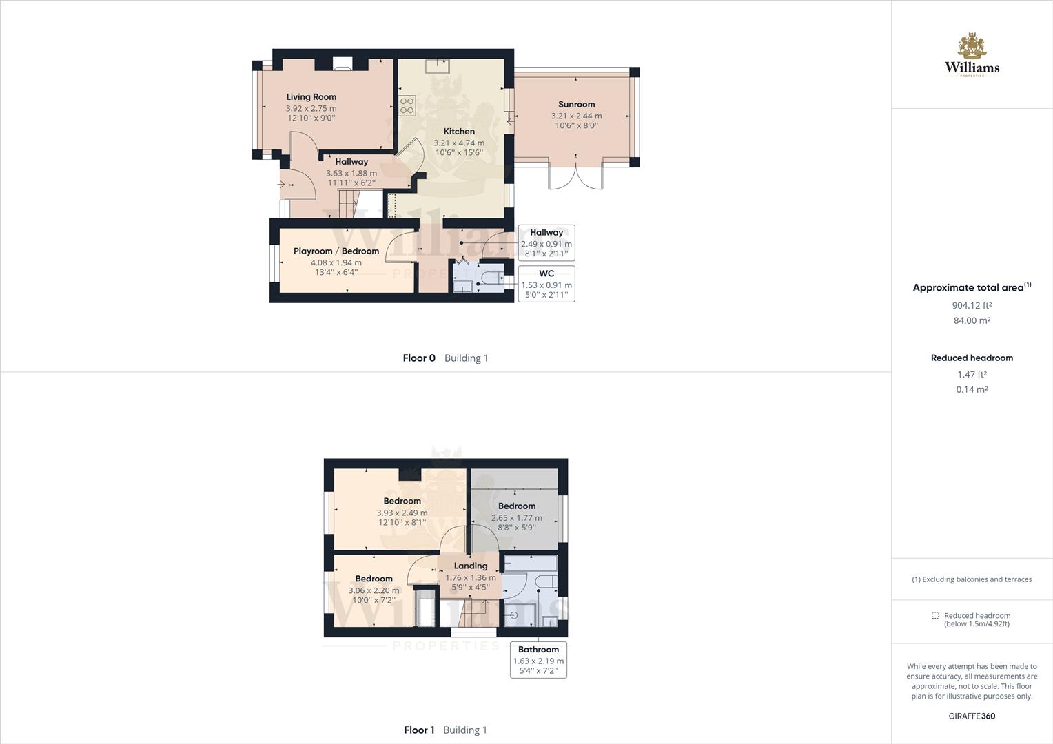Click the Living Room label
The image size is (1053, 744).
tap(311, 97)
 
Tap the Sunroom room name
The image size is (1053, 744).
tap(576, 105)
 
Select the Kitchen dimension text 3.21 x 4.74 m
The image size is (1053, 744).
tap(459, 143)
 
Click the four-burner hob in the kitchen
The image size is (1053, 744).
tap(407, 106)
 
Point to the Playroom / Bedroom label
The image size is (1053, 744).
tap(336, 251)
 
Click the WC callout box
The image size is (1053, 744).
tap(546, 284)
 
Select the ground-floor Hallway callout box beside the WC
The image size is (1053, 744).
tap(546, 243)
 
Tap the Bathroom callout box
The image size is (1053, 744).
tap(538, 660)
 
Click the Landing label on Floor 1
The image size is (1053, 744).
tap(471, 566)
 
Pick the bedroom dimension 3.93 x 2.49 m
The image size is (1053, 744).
tap(402, 513)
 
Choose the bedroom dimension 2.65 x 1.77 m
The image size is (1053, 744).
tap(517, 518)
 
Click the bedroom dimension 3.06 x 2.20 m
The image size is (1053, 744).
tap(374, 590)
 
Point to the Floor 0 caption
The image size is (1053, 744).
tap(419, 358)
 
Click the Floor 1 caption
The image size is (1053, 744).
tap(419, 730)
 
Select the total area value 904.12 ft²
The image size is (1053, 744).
tap(972, 306)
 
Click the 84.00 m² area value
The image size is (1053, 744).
tap(972, 320)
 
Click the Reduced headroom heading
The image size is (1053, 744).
tap(972, 358)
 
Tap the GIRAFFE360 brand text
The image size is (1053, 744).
tap(972, 716)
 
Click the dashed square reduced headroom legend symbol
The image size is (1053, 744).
tap(935, 616)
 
